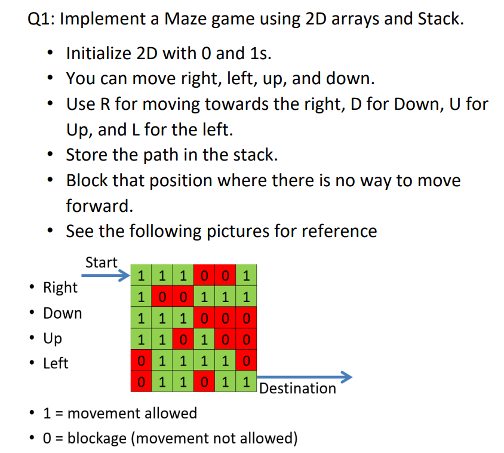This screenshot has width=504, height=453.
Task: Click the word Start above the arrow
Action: pyautogui.click(x=102, y=263)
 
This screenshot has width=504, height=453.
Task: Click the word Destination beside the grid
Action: pyautogui.click(x=297, y=389)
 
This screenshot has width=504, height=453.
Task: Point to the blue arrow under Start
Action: pyautogui.click(x=106, y=275)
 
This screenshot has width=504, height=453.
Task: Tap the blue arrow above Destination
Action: pyautogui.click(x=305, y=377)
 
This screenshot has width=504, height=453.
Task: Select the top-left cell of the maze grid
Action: pyautogui.click(x=141, y=275)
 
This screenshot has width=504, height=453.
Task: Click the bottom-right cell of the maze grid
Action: pyautogui.click(x=246, y=381)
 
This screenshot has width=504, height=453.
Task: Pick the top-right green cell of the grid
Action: pyautogui.click(x=246, y=275)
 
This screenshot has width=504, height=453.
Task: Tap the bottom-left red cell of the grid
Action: pyautogui.click(x=141, y=381)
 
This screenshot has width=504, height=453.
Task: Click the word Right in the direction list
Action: pyautogui.click(x=60, y=288)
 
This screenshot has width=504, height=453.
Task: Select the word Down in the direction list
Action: pyautogui.click(x=63, y=313)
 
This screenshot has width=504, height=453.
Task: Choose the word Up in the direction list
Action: pyautogui.click(x=53, y=338)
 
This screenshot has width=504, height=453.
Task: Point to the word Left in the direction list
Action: pyautogui.click(x=56, y=363)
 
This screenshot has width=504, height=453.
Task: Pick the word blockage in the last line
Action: pyautogui.click(x=97, y=439)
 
